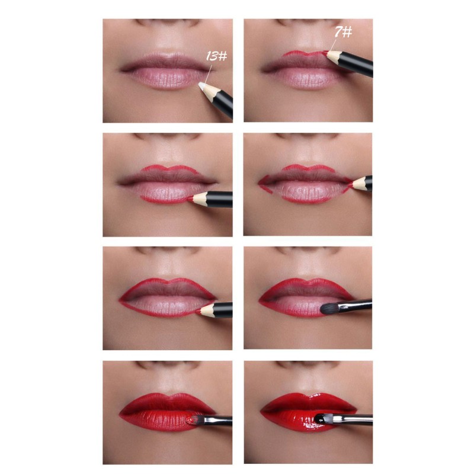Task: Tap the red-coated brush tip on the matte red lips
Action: click(190, 420)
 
